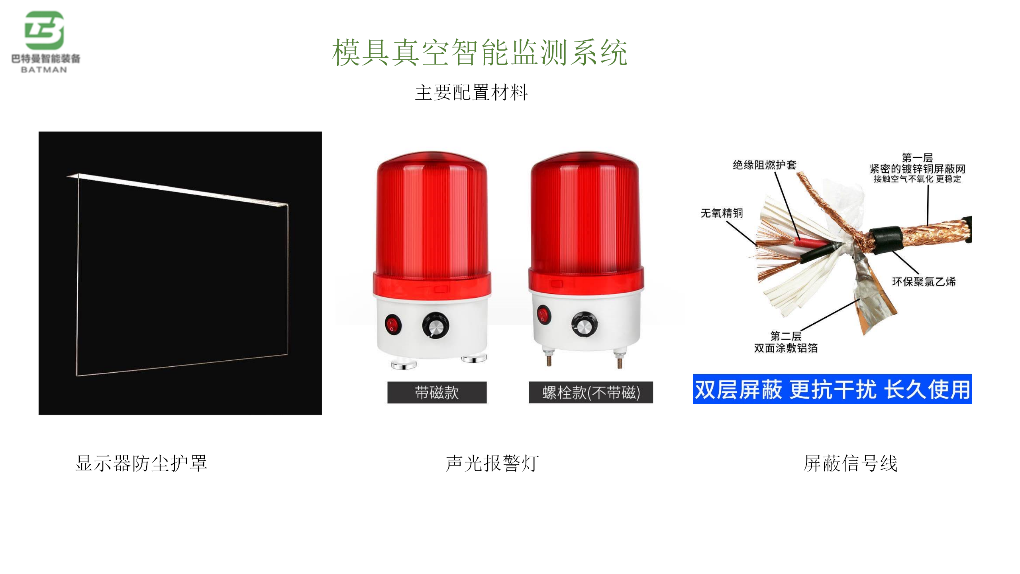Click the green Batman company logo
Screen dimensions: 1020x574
44,30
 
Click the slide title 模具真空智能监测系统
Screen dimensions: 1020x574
480,52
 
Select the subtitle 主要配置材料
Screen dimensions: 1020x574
471,92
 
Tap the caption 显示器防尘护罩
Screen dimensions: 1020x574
141,463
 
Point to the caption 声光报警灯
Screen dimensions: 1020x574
492,463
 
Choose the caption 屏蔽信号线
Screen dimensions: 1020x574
851,463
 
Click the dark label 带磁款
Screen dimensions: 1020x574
437,393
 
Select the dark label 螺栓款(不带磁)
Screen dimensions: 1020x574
591,393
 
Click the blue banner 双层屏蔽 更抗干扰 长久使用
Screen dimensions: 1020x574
832,389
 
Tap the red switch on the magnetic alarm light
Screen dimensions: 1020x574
393,324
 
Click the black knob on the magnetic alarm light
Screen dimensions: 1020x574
435,325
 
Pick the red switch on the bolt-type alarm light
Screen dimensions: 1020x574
543,315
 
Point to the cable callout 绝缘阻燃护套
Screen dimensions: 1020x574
765,165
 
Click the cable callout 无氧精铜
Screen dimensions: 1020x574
722,213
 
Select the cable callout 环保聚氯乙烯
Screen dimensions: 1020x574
924,282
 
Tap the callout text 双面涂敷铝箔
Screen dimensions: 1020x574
786,348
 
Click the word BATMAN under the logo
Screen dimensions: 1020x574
44,70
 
